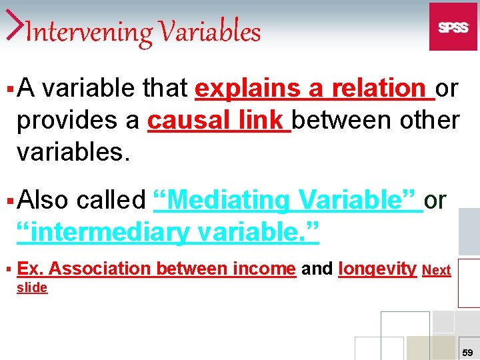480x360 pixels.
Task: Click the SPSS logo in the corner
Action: tap(453, 27)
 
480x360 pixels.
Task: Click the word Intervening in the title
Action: tap(82, 32)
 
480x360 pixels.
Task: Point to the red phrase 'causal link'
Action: tap(218, 120)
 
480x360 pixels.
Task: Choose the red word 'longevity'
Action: tap(377, 269)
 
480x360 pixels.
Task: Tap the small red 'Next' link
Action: tap(437, 270)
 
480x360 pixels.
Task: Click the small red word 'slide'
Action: tap(32, 287)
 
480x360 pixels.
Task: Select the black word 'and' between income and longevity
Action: tap(317, 269)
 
